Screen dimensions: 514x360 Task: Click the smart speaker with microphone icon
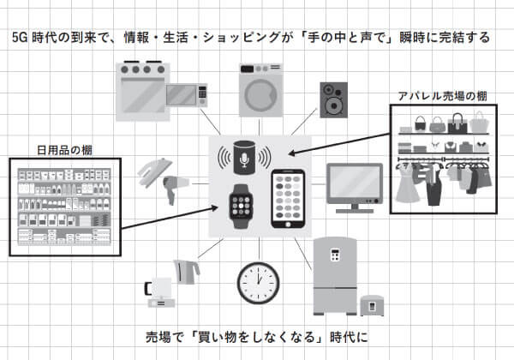(x=244, y=158)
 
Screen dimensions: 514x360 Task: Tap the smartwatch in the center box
(x=241, y=207)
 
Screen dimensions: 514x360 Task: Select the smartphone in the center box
(x=288, y=199)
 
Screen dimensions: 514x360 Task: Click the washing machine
(x=260, y=90)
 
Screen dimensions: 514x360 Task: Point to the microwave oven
(x=187, y=95)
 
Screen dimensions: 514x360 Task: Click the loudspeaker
(x=333, y=100)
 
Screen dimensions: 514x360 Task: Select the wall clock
(x=259, y=283)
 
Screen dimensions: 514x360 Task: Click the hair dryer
(x=175, y=189)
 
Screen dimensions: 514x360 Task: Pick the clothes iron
(x=155, y=171)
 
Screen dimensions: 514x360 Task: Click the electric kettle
(x=186, y=272)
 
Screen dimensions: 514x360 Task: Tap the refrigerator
(x=335, y=276)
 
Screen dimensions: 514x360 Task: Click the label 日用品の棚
(x=64, y=151)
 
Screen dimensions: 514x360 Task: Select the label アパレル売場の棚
(x=443, y=96)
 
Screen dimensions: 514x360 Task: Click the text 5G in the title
(x=20, y=38)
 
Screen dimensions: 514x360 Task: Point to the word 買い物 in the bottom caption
(x=217, y=337)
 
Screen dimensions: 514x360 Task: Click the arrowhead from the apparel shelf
(x=292, y=153)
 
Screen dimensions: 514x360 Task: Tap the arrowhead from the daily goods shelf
(x=213, y=208)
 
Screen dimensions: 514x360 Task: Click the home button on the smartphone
(x=288, y=225)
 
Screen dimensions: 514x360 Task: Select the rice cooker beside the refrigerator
(x=372, y=305)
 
